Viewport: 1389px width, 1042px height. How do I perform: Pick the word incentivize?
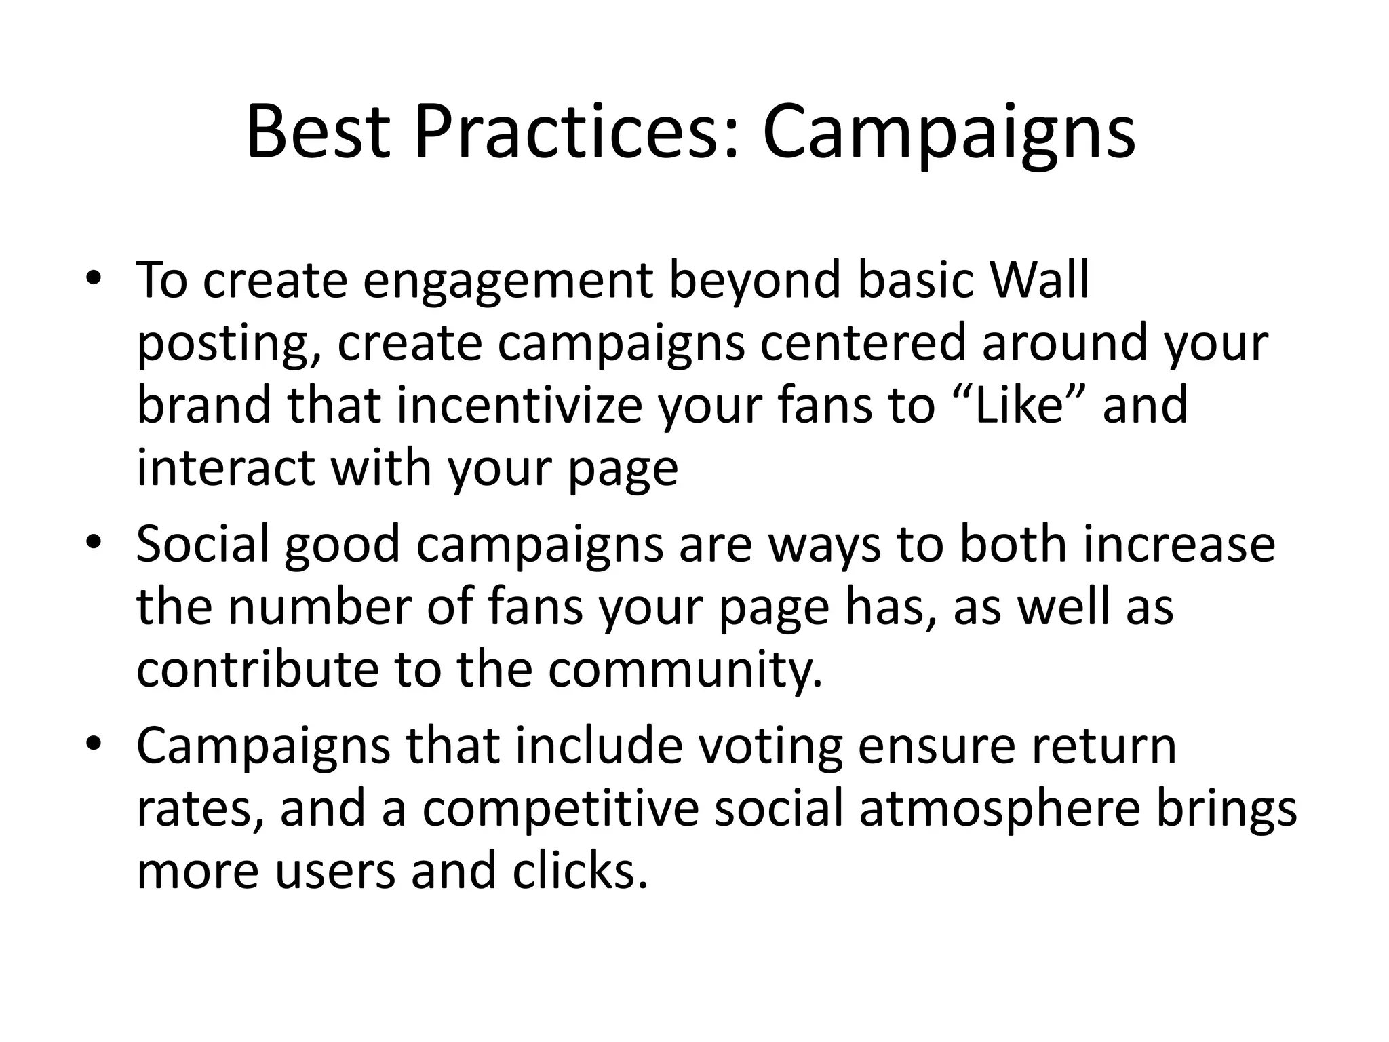pyautogui.click(x=518, y=405)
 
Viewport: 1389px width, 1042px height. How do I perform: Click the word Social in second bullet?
pyautogui.click(x=203, y=544)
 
